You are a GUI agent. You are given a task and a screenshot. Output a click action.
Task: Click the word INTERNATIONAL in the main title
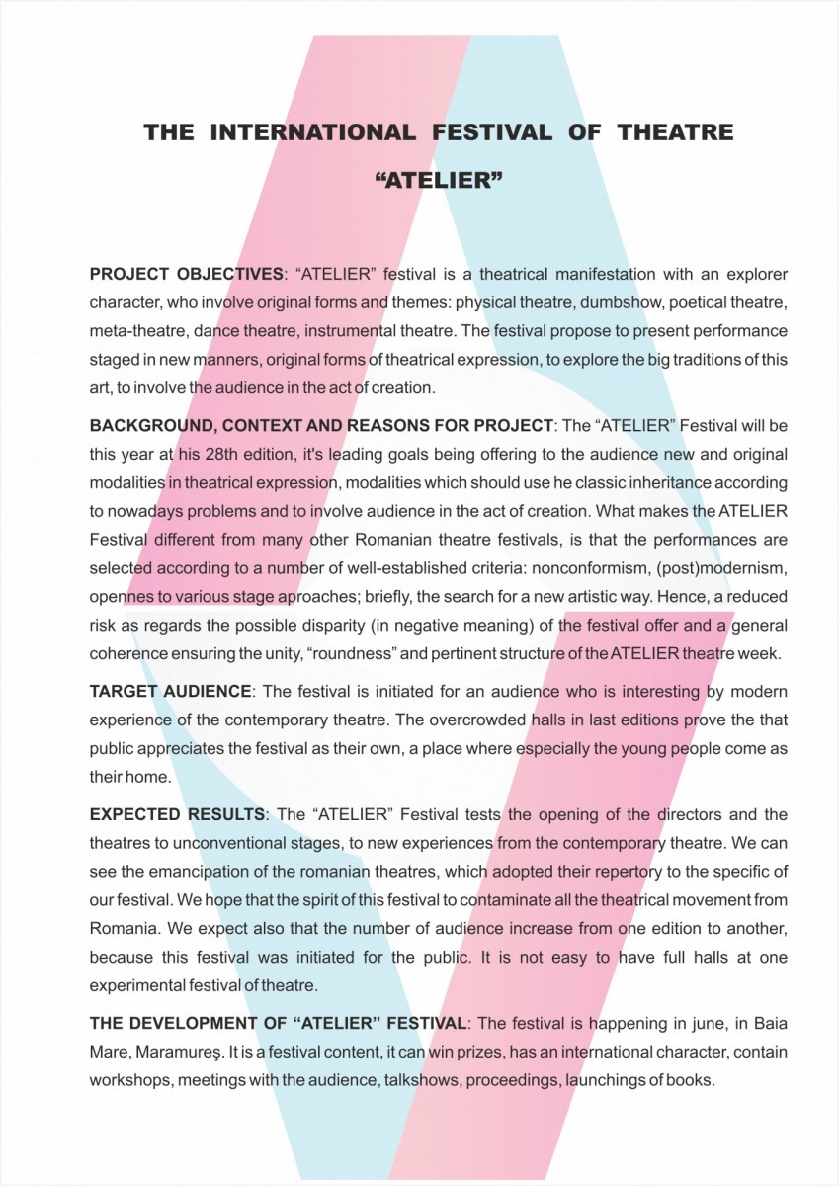pyautogui.click(x=311, y=131)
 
